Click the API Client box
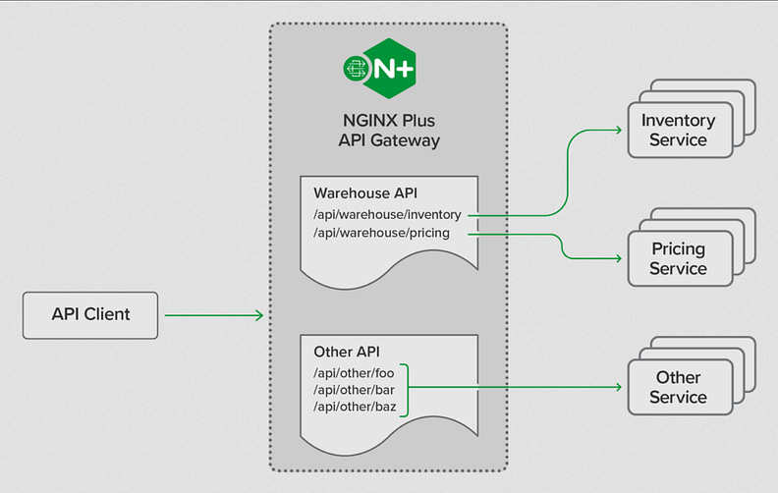coord(90,315)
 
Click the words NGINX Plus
coord(388,121)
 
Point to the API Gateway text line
coord(388,140)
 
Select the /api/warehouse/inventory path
coord(387,214)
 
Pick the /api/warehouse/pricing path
coord(381,233)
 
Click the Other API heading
coord(347,352)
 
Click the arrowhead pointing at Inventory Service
coord(619,130)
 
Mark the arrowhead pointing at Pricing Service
coord(619,259)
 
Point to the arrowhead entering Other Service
coord(619,387)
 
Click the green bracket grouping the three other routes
coord(405,387)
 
